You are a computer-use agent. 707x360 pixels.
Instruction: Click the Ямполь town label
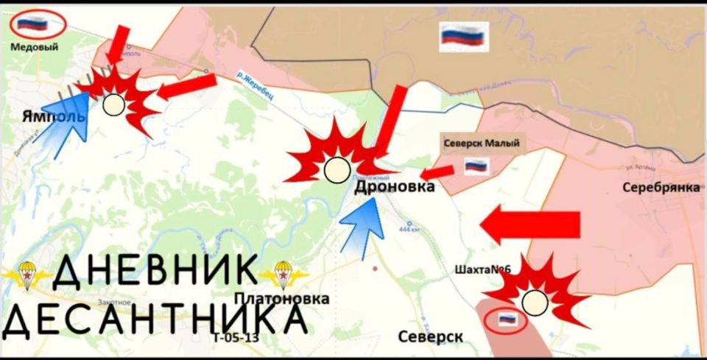click(x=54, y=117)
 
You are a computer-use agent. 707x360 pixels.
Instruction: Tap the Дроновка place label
click(x=394, y=188)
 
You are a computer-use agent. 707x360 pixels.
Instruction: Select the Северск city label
click(x=430, y=336)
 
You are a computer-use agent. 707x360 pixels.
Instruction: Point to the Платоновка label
click(x=281, y=297)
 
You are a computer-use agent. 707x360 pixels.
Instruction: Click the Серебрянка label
click(x=661, y=187)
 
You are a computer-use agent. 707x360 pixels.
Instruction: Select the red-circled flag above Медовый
click(x=32, y=24)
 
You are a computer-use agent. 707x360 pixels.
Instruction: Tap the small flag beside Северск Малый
click(x=476, y=166)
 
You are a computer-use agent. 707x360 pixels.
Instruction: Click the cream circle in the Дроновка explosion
click(x=337, y=171)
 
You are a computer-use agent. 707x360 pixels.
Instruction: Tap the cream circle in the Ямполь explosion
click(x=113, y=105)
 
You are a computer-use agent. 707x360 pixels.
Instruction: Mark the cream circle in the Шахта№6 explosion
click(x=535, y=301)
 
